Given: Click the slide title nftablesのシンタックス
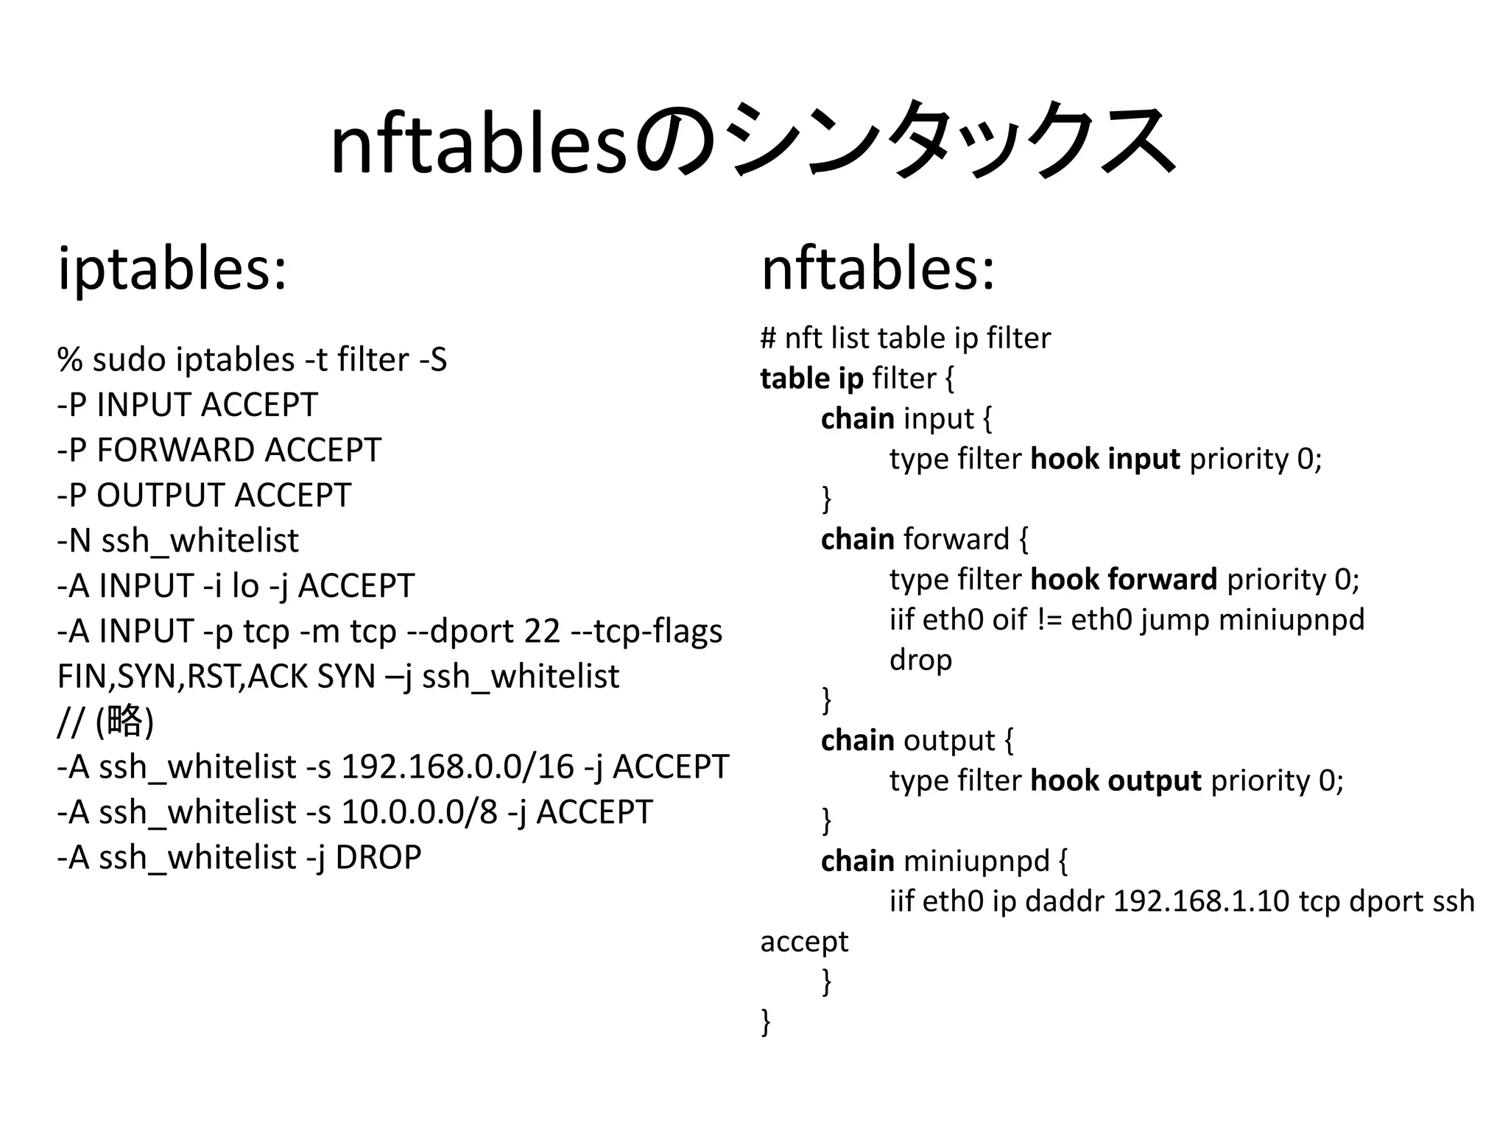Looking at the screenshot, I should pos(753,140).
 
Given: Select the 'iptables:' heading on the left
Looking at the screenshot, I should pos(172,268).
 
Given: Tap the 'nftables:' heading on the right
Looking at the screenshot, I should pos(878,268).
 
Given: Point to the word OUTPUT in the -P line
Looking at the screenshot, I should pos(160,496).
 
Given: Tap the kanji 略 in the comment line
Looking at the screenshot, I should pos(124,720).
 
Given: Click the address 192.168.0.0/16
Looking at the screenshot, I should pos(457,767).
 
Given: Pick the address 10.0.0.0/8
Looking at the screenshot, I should pos(420,812).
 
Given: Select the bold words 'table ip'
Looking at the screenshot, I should pos(811,378).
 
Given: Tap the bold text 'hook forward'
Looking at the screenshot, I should pos(1124,579).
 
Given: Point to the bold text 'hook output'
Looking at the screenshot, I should pos(1116,781).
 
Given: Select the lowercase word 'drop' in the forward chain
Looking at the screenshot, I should pos(920,660).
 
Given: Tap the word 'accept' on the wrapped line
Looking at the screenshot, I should pos(804,942).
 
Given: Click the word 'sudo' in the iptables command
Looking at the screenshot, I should pos(130,360).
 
